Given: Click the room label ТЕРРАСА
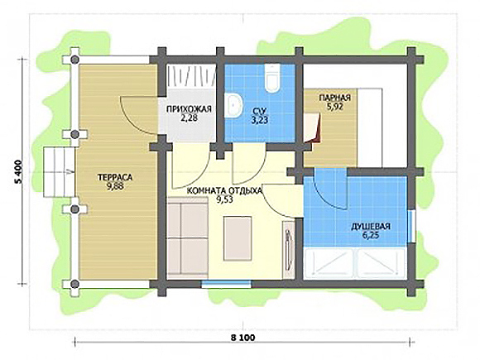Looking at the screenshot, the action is pos(115,177).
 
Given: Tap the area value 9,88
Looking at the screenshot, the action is pos(115,186).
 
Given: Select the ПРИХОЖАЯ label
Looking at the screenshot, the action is pos(189,109).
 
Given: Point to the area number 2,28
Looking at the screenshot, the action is pos(189,118).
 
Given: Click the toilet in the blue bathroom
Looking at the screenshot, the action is pos(271,78).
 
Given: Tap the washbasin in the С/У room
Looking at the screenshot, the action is pos(233,105).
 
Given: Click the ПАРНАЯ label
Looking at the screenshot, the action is pos(335,98).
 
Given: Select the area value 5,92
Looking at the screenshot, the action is pos(335,107).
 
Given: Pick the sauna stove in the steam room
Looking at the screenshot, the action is pos(313,127).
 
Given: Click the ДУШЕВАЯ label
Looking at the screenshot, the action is pos(371,227).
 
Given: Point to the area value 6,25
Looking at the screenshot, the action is pos(371,235).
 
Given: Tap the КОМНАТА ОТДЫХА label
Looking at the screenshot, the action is pos(225,190).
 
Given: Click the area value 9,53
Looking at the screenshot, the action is pos(225,199).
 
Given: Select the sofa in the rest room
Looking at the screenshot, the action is pos(188,238).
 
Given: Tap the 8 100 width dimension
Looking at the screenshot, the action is pos(242,338).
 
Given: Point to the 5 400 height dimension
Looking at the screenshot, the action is pos(19,171).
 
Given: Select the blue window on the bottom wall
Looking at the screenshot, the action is pos(226,284).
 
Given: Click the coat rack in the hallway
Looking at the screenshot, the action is pos(191,76).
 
